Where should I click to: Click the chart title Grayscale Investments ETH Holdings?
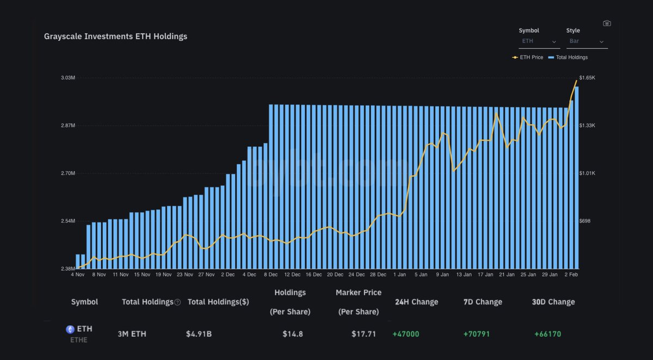(115, 36)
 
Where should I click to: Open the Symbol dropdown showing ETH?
(539, 41)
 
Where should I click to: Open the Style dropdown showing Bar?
(587, 41)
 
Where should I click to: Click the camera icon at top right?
(607, 23)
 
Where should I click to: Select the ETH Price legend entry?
(528, 57)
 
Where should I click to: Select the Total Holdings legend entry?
(568, 57)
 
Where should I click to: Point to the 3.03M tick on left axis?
(68, 78)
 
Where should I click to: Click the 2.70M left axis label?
(68, 173)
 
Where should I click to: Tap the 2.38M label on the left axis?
(68, 269)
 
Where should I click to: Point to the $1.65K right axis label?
(588, 78)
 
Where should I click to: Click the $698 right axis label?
(585, 221)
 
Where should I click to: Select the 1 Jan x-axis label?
(399, 275)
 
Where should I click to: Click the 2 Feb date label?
(571, 275)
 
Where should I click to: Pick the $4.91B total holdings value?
(199, 334)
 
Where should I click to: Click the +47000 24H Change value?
(405, 334)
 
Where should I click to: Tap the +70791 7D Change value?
(476, 334)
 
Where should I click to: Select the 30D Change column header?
(553, 302)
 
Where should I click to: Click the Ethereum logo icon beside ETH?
(70, 329)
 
